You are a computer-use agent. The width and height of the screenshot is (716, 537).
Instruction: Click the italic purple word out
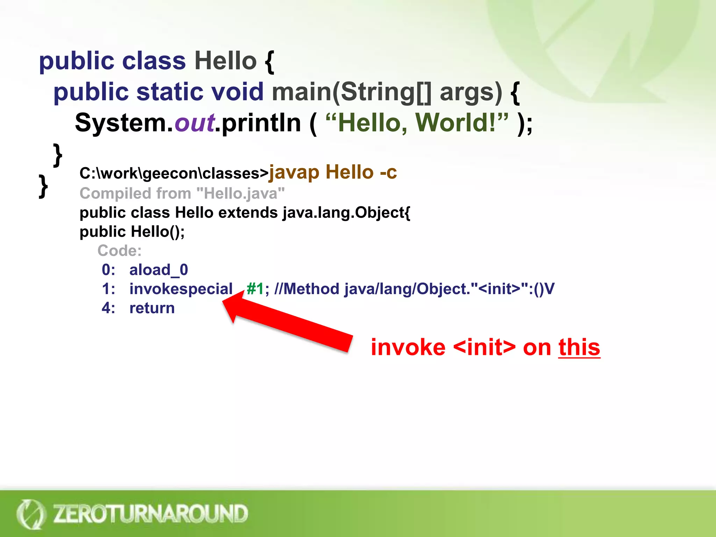194,123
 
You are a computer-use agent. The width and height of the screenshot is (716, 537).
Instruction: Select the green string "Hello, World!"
416,123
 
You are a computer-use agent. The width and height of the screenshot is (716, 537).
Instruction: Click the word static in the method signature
170,92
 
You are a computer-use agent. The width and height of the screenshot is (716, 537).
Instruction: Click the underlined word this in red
579,348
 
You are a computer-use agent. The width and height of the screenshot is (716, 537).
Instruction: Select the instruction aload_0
159,270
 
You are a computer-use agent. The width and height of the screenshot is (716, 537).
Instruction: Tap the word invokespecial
181,289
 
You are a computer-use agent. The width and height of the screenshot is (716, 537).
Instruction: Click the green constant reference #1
255,289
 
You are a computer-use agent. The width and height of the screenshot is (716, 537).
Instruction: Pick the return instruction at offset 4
152,308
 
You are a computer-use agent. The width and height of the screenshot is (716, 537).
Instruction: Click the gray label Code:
119,251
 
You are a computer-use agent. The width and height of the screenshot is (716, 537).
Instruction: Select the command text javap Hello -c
332,172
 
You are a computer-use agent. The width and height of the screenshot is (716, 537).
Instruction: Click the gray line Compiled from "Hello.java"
182,193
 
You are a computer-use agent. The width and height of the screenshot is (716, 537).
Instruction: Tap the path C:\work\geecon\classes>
174,173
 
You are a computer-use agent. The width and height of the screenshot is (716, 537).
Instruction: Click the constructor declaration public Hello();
132,231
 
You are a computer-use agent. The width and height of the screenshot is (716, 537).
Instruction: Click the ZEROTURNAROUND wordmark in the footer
150,514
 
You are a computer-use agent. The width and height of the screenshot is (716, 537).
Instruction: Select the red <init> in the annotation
484,348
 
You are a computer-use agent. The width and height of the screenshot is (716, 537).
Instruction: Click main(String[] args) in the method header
387,92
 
